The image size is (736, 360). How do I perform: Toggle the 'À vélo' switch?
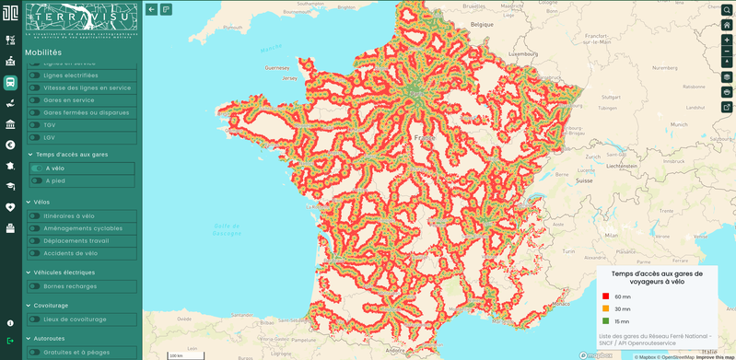(38, 168)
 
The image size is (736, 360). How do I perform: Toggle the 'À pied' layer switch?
(38, 180)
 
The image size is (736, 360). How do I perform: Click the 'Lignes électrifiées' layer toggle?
(34, 75)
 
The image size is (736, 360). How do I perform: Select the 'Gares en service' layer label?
(69, 100)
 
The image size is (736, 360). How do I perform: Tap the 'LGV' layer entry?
(50, 137)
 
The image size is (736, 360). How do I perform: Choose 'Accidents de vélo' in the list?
(71, 252)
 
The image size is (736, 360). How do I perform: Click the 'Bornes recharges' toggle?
(34, 286)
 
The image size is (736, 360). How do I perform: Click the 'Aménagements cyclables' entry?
(83, 228)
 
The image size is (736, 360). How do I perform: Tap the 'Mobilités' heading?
(43, 52)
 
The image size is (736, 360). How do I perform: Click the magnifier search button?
(727, 9)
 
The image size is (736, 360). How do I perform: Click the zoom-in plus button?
(727, 41)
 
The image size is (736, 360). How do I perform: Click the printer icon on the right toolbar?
(727, 92)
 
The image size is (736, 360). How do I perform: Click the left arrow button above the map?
(152, 9)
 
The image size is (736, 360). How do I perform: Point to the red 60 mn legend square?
(605, 296)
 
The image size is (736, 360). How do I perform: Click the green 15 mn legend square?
(605, 320)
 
